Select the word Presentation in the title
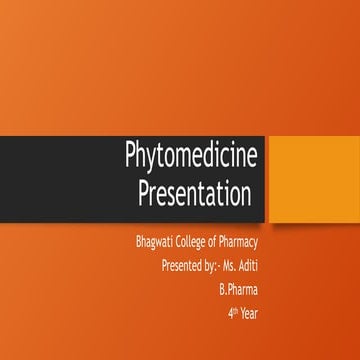point(194,195)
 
